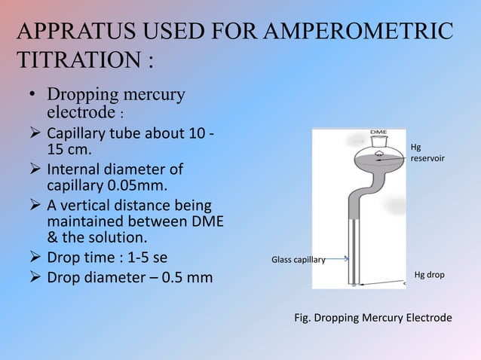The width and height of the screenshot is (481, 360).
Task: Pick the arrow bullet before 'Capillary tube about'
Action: [x=36, y=134]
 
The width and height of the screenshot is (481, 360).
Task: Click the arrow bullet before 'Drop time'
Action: [x=36, y=260]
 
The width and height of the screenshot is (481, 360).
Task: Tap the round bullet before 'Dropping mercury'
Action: [x=33, y=96]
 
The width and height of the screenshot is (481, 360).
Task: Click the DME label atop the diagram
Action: [x=379, y=132]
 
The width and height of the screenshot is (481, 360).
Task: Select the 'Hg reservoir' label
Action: [x=427, y=154]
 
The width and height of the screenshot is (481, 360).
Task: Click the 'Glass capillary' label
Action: [x=297, y=261]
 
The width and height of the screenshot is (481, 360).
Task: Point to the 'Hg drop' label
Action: [x=429, y=275]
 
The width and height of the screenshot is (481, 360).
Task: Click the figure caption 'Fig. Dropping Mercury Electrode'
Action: [x=372, y=318]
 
